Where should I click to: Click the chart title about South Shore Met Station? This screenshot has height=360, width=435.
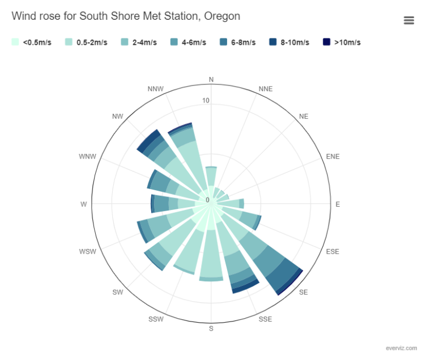pos(126,16)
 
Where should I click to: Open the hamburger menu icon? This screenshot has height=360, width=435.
pos(409,20)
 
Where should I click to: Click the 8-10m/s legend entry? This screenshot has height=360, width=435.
pos(295,42)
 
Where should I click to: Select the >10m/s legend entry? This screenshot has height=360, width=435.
pos(346,42)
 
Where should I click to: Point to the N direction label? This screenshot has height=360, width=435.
pos(212,80)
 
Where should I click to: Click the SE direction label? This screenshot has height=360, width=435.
pos(304,292)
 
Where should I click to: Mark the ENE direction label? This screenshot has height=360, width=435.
pos(333,156)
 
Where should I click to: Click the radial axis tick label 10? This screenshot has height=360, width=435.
pos(206,101)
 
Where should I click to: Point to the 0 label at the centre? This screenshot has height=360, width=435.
pos(207,200)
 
